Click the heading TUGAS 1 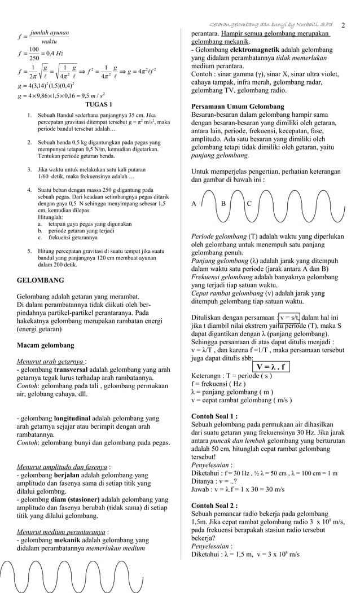(98, 105)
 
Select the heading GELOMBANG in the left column (41, 280)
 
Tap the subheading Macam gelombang (46, 345)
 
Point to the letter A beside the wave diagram (195, 204)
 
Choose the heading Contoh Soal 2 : (214, 506)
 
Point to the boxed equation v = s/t (290, 317)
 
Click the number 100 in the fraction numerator (34, 50)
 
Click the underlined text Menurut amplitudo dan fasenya (62, 467)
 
